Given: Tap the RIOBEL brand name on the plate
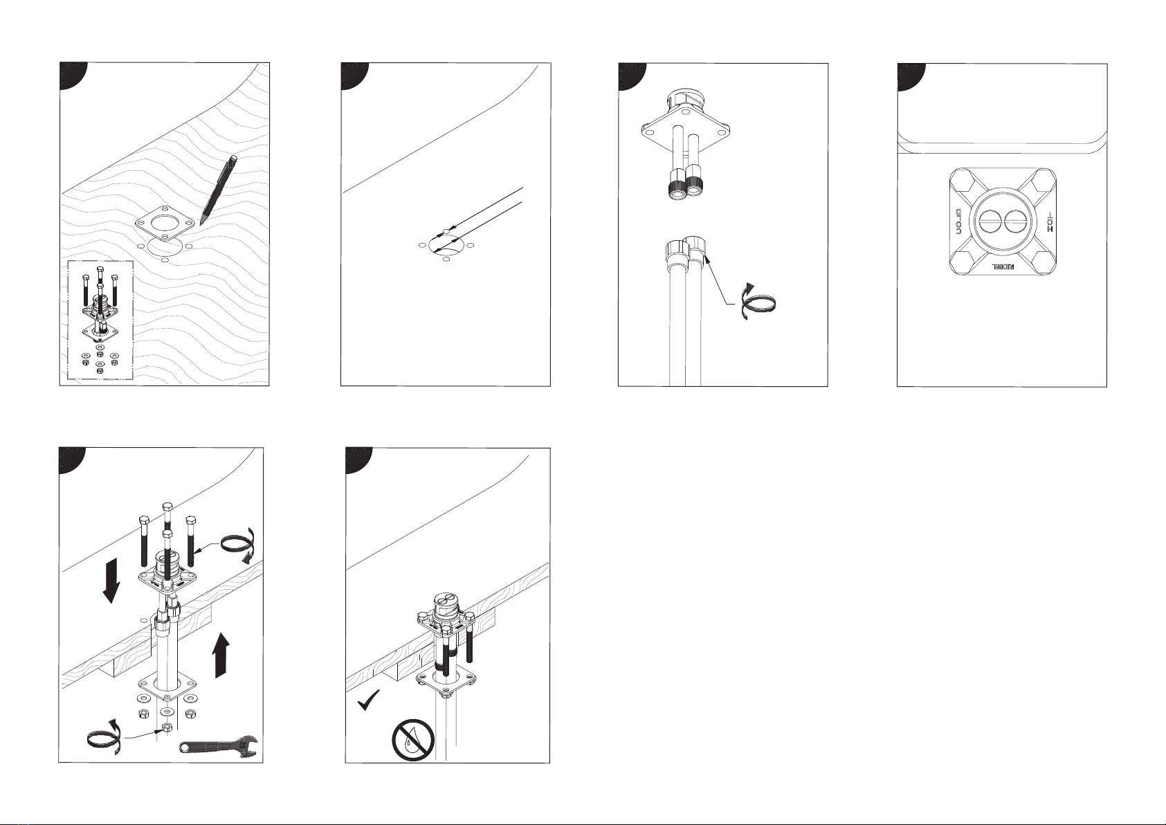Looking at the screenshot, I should tap(1002, 267).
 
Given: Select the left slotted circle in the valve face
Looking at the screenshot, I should tap(987, 222).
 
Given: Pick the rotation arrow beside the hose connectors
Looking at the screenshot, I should tap(758, 303).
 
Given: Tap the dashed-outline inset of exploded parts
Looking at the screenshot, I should tap(100, 320).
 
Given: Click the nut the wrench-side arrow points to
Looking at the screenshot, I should tap(167, 727).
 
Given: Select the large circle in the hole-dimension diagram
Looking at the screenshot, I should tap(446, 245).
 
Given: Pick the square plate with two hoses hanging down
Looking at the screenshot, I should tap(685, 132).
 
